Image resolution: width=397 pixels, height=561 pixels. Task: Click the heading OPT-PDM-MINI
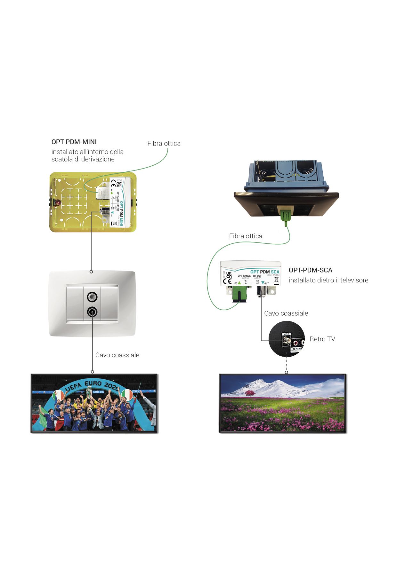(74, 142)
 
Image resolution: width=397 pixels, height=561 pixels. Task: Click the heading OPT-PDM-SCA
(310, 270)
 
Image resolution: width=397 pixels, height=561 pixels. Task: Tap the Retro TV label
(322, 339)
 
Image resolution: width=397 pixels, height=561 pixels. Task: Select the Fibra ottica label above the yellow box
(164, 144)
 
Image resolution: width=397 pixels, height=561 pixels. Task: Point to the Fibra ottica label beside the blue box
(246, 236)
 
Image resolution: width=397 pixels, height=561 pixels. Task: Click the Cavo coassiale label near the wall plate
(117, 355)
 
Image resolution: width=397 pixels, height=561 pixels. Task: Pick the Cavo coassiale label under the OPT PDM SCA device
(286, 313)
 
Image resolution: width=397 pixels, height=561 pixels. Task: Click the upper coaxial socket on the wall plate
(92, 297)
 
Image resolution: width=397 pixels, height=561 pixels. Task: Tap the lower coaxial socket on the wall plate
(92, 312)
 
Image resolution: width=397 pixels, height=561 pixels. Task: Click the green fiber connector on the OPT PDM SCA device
(240, 294)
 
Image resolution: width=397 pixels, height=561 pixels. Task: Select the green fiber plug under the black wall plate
(285, 215)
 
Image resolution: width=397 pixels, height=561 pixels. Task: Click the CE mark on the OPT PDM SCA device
(227, 281)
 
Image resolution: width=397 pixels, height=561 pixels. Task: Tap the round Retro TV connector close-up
(286, 339)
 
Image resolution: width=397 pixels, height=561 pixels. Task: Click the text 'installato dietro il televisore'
(328, 280)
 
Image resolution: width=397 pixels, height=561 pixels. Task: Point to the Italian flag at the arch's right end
(127, 395)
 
